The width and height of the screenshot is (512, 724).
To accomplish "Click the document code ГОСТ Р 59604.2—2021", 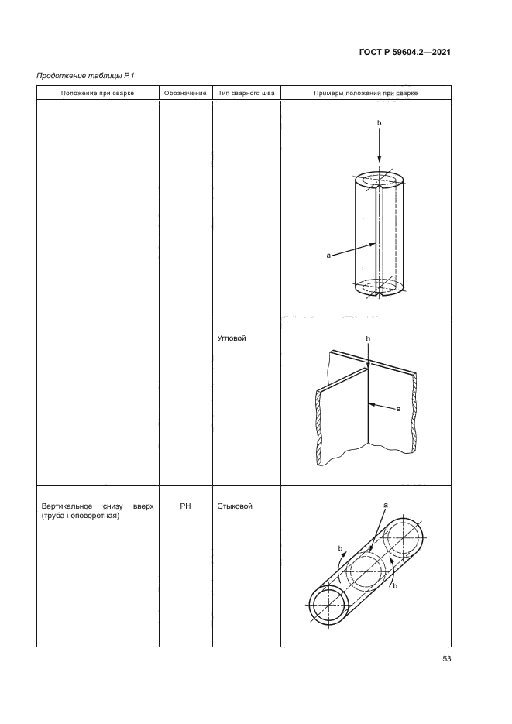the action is pyautogui.click(x=404, y=52).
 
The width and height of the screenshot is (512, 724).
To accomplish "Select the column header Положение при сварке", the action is pyautogui.click(x=98, y=93).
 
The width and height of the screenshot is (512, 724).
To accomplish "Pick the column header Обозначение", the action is pyautogui.click(x=185, y=93).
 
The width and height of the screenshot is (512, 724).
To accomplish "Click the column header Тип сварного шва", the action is pyautogui.click(x=246, y=93).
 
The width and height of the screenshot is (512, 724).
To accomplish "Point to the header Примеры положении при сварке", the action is pyautogui.click(x=366, y=93).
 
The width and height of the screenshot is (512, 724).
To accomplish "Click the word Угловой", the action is pyautogui.click(x=232, y=338).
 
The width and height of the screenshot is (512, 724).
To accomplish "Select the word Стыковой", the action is pyautogui.click(x=235, y=506).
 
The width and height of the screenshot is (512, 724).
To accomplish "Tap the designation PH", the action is pyautogui.click(x=185, y=506).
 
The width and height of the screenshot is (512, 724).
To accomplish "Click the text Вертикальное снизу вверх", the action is pyautogui.click(x=98, y=506).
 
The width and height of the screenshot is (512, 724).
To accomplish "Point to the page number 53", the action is pyautogui.click(x=446, y=659).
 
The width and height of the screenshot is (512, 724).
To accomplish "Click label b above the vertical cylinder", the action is pyautogui.click(x=380, y=123).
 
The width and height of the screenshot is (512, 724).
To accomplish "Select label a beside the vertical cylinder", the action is pyautogui.click(x=328, y=255).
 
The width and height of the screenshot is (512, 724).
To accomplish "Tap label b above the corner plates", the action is pyautogui.click(x=368, y=339).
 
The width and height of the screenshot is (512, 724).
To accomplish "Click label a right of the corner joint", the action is pyautogui.click(x=398, y=409).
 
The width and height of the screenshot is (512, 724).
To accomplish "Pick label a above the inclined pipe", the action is pyautogui.click(x=386, y=505).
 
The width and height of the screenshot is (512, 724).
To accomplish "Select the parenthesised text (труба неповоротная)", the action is pyautogui.click(x=81, y=516).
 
